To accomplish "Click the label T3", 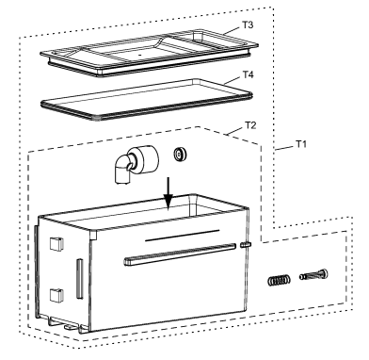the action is [248, 25].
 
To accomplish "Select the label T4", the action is [248, 74].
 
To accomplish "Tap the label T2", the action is [250, 125].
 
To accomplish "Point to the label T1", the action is [301, 144].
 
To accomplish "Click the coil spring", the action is [279, 280].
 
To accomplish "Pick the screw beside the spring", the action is [313, 274].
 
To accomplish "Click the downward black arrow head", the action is [168, 202].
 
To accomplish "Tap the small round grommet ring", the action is [180, 155].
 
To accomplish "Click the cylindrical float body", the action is [146, 160].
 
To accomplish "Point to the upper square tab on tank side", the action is [56, 244].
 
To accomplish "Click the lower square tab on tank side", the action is [56, 295].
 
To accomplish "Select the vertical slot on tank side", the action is [79, 279].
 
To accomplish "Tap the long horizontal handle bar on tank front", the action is [180, 254].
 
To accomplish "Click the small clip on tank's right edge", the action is [246, 244].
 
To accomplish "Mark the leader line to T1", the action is [284, 148].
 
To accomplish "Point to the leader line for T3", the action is [233, 30].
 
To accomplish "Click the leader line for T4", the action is [233, 80].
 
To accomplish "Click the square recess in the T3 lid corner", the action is [199, 36].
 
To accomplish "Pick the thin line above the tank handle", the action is [183, 236].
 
